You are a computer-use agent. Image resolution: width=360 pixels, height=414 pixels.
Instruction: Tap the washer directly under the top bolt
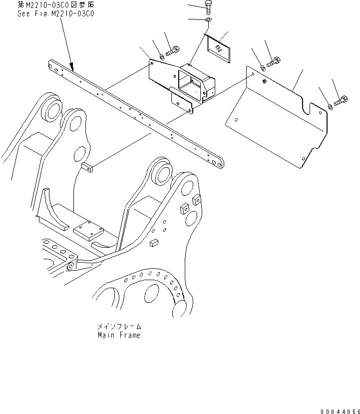(x=209, y=20)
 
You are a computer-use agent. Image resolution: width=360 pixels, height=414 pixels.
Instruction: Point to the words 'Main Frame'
(x=119, y=335)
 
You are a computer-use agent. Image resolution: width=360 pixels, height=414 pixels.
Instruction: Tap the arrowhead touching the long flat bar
(x=71, y=66)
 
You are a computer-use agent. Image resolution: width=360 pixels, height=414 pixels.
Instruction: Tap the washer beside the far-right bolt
(x=331, y=105)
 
